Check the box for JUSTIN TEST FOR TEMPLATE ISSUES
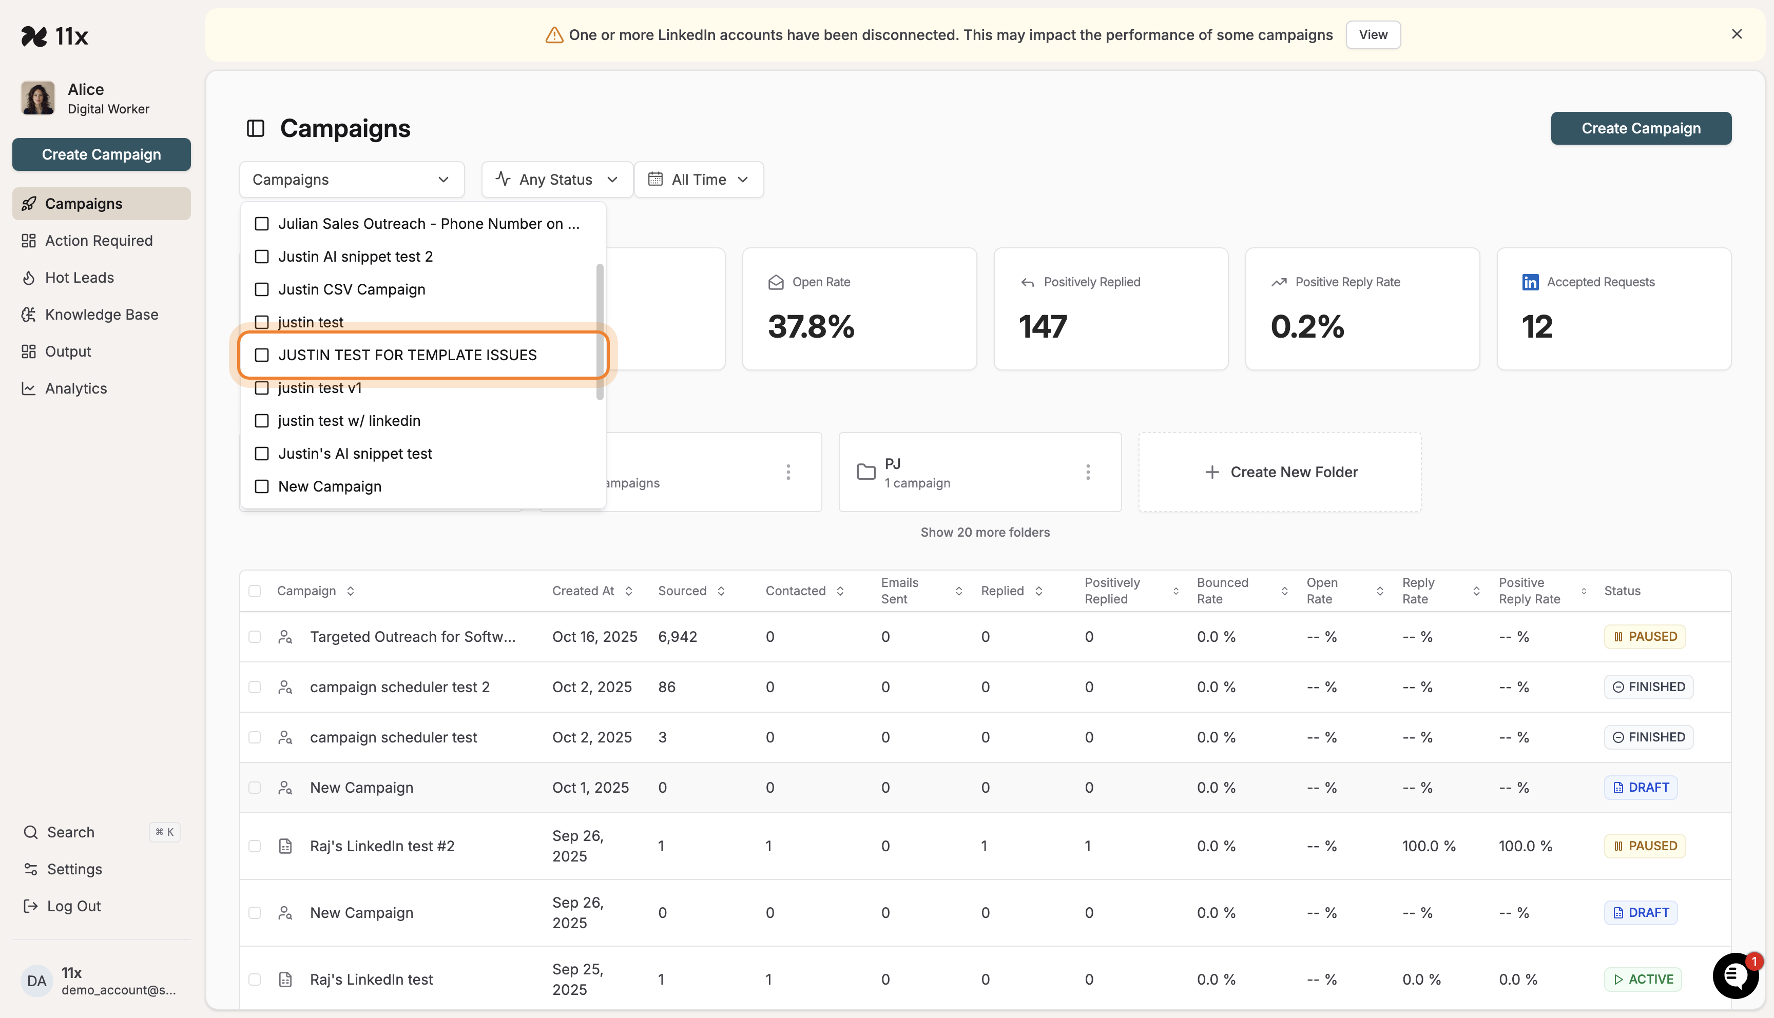click(x=261, y=355)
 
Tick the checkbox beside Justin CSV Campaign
click(x=261, y=289)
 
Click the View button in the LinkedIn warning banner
click(x=1373, y=35)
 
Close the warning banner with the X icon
click(x=1736, y=34)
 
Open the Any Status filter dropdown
click(x=556, y=180)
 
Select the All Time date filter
click(x=698, y=180)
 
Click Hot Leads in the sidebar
click(x=79, y=278)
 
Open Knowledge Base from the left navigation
click(x=102, y=315)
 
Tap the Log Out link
click(x=73, y=906)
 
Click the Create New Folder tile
click(x=1280, y=472)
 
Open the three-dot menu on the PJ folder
click(x=1087, y=472)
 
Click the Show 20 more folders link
click(x=985, y=532)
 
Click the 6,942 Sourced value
click(x=677, y=637)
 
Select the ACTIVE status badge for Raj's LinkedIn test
click(x=1643, y=980)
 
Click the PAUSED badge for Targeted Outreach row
click(x=1645, y=637)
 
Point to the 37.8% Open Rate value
click(x=811, y=326)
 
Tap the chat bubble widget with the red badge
click(x=1734, y=975)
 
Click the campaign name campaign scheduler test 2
click(x=399, y=687)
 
